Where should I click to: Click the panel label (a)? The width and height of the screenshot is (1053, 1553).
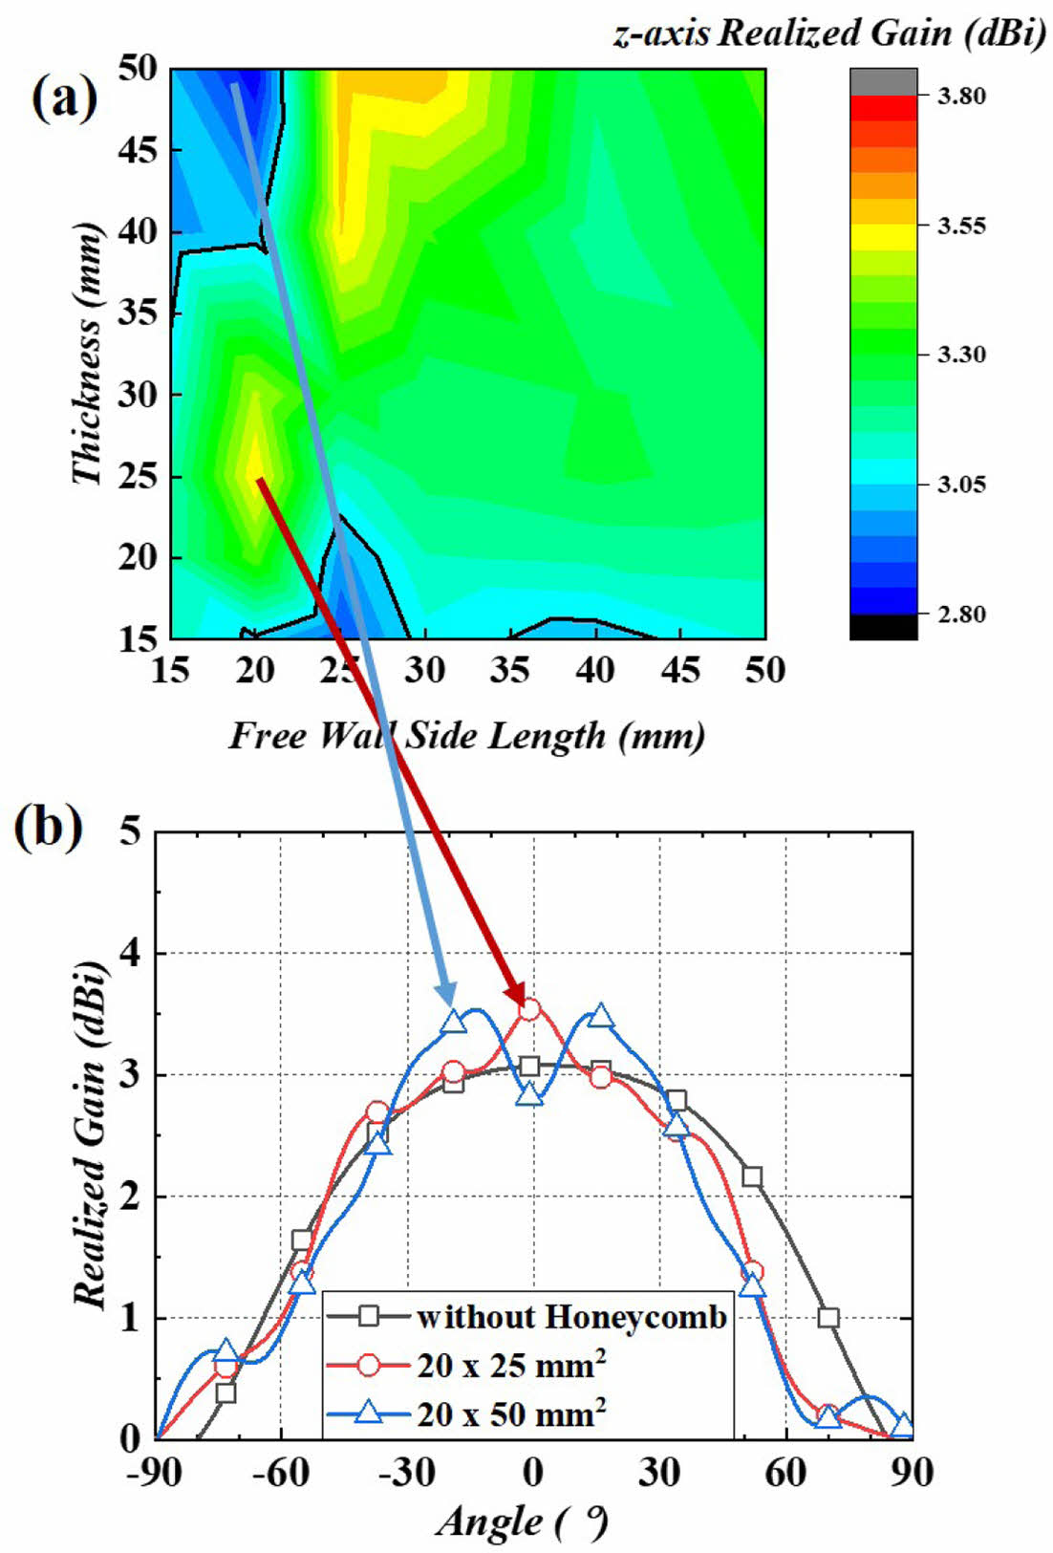pyautogui.click(x=64, y=98)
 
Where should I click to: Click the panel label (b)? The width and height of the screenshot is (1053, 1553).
pyautogui.click(x=47, y=828)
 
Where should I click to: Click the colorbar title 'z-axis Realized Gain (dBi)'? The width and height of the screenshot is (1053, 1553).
pyautogui.click(x=828, y=33)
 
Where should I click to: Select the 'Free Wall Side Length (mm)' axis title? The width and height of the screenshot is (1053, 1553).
pyautogui.click(x=467, y=736)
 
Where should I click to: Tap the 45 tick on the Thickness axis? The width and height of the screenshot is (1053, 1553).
pyautogui.click(x=139, y=150)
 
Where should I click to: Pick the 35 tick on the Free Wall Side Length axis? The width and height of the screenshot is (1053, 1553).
pyautogui.click(x=509, y=670)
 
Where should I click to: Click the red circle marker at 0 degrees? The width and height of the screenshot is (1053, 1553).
pyautogui.click(x=530, y=1008)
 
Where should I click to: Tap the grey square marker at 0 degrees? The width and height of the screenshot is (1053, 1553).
pyautogui.click(x=530, y=1067)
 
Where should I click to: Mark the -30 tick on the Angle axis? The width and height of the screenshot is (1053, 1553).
pyautogui.click(x=406, y=1473)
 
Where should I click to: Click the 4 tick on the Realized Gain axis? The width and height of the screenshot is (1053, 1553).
pyautogui.click(x=128, y=953)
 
